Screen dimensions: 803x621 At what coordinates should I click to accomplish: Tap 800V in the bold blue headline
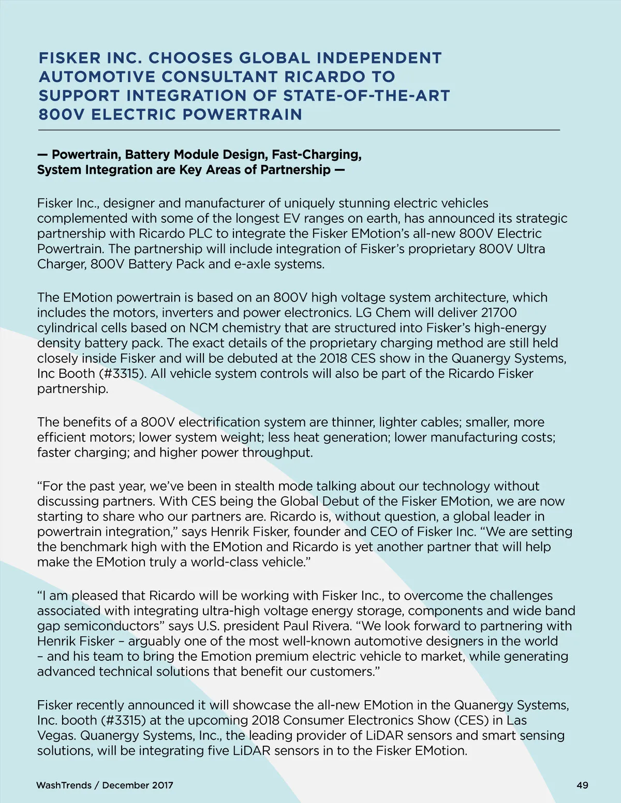pos(61,114)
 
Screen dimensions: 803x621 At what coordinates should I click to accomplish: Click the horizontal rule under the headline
pos(299,130)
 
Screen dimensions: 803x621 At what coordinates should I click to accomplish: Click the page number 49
pos(582,785)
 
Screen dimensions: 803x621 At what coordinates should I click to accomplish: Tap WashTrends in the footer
pos(64,785)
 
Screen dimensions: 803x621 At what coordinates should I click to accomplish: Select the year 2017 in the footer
pos(162,785)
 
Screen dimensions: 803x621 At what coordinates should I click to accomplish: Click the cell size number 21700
pos(499,313)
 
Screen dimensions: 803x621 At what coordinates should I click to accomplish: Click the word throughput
pos(277,453)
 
